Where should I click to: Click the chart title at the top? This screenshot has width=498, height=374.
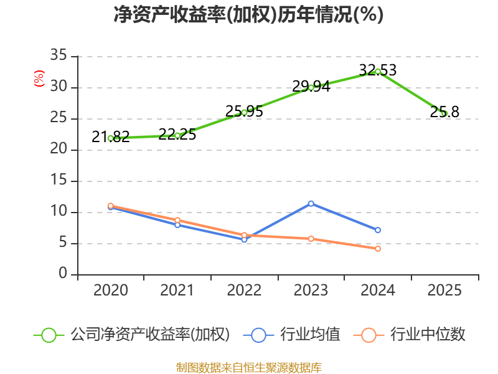248,14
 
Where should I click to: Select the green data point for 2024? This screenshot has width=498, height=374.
378,72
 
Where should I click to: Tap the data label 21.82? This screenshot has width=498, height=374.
111,137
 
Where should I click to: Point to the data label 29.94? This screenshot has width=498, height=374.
311,86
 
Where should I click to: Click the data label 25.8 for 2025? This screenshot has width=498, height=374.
444,112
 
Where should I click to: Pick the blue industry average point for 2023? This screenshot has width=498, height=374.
311,204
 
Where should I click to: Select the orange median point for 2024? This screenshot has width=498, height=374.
378,249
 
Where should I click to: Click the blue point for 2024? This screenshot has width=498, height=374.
378,230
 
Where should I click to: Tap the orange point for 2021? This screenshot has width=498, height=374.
177,220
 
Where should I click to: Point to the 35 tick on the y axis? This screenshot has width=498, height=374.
59,55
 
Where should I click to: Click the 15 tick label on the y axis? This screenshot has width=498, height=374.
59,180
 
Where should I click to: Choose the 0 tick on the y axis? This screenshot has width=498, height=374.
63,274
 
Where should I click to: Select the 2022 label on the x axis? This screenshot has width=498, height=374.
244,290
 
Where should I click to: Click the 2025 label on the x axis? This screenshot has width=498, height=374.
444,290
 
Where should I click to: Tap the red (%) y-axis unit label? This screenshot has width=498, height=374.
39,79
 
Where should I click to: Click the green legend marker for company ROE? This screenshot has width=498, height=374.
49,335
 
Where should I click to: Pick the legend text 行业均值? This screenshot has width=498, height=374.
310,335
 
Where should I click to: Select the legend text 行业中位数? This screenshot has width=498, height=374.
428,335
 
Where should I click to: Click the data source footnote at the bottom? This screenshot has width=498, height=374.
248,368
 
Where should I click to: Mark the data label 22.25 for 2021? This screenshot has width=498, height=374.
177,135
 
